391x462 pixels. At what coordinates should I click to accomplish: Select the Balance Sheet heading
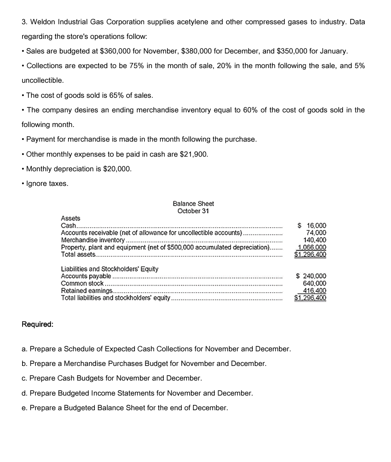[193, 203]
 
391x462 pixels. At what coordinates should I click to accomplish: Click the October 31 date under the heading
[193, 211]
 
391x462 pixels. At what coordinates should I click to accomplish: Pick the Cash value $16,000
[312, 226]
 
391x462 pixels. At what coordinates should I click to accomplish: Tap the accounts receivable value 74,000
[316, 233]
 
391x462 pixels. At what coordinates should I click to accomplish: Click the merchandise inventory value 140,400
[315, 240]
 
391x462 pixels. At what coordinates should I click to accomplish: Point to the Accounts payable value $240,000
[311, 276]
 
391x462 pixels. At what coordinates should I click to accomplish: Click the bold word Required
[37, 325]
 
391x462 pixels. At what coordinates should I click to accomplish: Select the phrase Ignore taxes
[47, 184]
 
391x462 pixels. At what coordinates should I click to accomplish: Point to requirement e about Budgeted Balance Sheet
[129, 408]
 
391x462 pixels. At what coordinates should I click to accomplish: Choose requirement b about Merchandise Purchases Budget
[148, 363]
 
